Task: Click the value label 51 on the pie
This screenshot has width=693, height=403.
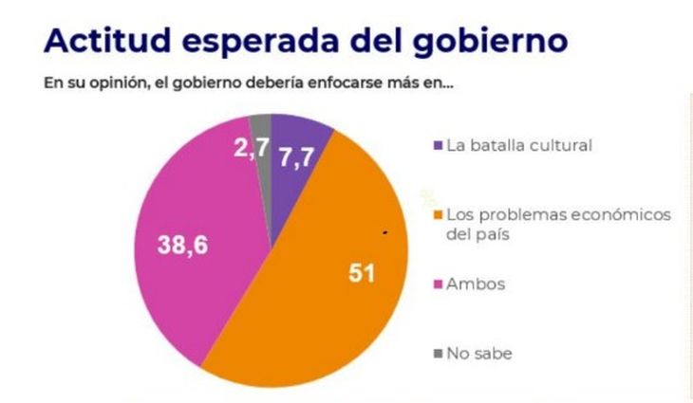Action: point(362,274)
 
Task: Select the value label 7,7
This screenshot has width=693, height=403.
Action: point(297,158)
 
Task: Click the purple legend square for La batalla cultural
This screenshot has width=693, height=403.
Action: point(437,145)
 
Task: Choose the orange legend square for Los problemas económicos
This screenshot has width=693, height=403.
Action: point(437,215)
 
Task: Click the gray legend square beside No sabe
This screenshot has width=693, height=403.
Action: point(437,354)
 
